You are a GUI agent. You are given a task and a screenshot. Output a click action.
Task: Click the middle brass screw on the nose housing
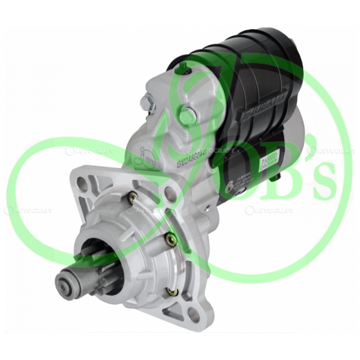tap(170, 239)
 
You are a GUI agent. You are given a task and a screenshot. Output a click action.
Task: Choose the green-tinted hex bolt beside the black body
tap(186, 115)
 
